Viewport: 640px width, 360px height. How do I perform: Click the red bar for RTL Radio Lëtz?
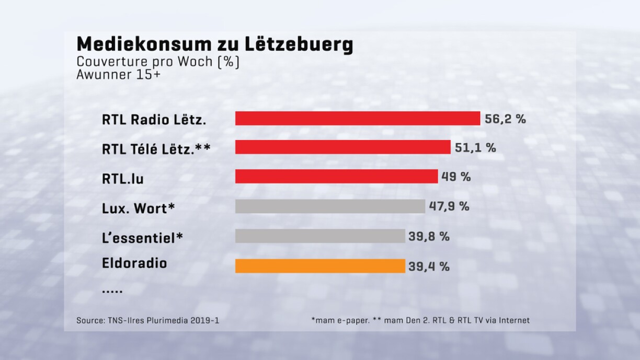pos(357,119)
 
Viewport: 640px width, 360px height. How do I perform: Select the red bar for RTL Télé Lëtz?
pos(342,147)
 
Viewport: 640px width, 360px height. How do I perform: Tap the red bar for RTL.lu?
pos(336,177)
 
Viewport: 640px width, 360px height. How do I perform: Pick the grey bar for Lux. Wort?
pos(330,206)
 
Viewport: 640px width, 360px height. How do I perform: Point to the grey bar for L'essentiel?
pos(320,236)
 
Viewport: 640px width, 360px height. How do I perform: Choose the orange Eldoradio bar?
pos(320,266)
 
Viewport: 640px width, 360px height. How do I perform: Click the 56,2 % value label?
pos(505,119)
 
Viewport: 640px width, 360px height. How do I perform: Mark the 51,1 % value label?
pos(475,148)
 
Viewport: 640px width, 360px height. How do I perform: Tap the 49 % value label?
pos(456,177)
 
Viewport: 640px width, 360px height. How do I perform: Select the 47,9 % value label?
pos(449,206)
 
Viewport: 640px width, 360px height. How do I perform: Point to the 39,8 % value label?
pos(429,236)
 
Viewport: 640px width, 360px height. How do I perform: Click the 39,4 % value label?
pos(429,266)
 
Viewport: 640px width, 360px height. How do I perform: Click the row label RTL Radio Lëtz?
pos(154,120)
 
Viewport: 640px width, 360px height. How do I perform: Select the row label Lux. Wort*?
pos(138,208)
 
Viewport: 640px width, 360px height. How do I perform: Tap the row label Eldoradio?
pos(134,263)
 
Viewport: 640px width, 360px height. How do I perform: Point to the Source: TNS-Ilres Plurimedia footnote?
pos(147,320)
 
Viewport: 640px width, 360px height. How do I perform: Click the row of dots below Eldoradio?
pos(112,291)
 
